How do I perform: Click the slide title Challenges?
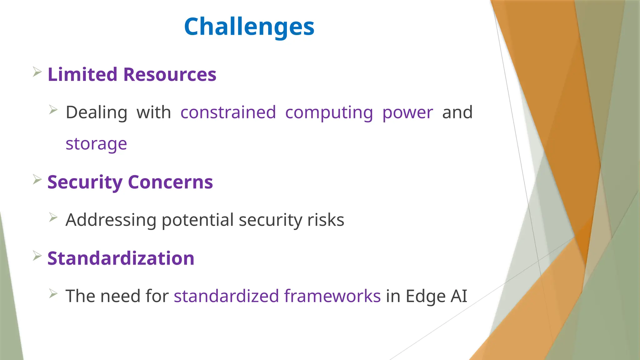tap(249, 27)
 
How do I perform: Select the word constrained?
tap(228, 112)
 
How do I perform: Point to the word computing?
tap(329, 113)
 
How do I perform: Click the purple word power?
tap(407, 113)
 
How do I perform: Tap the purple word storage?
tap(96, 144)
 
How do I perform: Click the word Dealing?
tap(96, 113)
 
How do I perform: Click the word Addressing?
tap(111, 220)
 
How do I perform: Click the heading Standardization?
tap(121, 258)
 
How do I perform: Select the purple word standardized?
tap(226, 296)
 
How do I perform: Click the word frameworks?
tap(332, 296)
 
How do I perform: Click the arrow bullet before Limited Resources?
tap(37, 72)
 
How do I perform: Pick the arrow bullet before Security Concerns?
tap(37, 180)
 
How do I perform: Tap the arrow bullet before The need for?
tap(53, 293)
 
